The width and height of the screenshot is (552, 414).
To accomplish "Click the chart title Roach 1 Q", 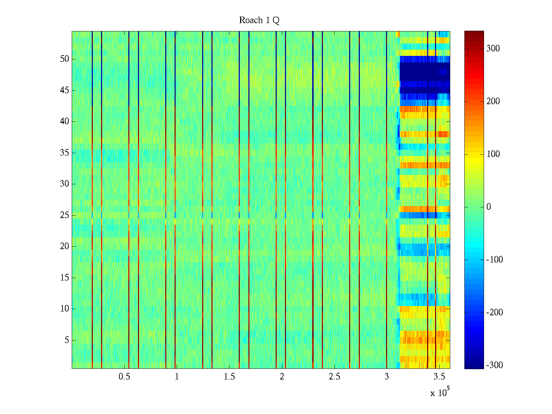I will click(259, 20).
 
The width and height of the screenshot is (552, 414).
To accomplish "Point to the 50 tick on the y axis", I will click(65, 59).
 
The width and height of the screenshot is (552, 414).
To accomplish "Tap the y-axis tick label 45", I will click(65, 90).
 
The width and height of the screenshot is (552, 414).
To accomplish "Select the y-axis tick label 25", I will click(65, 215).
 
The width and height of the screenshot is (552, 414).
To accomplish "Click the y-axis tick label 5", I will click(67, 340).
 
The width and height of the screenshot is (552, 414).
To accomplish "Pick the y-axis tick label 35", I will click(65, 153).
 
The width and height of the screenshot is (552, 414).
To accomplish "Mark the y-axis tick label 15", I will click(65, 278).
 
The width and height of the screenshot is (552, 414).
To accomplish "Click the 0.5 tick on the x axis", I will click(124, 377).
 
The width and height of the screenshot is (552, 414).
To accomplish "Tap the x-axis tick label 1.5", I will click(229, 377).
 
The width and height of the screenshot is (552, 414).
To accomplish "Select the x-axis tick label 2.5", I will click(334, 377).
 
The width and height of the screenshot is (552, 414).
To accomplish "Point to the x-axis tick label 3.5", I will click(439, 377).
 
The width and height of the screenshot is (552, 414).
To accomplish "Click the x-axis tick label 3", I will click(386, 377).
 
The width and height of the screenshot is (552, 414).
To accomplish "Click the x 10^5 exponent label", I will click(440, 392).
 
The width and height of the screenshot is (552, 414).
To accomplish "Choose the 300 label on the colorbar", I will click(493, 48).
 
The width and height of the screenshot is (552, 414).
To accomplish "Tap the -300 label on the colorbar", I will click(494, 365).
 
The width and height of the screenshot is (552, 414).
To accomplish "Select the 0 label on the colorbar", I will click(489, 207).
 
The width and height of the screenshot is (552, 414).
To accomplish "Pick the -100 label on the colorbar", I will click(494, 260).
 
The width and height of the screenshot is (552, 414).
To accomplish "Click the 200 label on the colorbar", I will click(493, 101).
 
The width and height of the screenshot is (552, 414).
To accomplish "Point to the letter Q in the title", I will click(276, 21).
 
